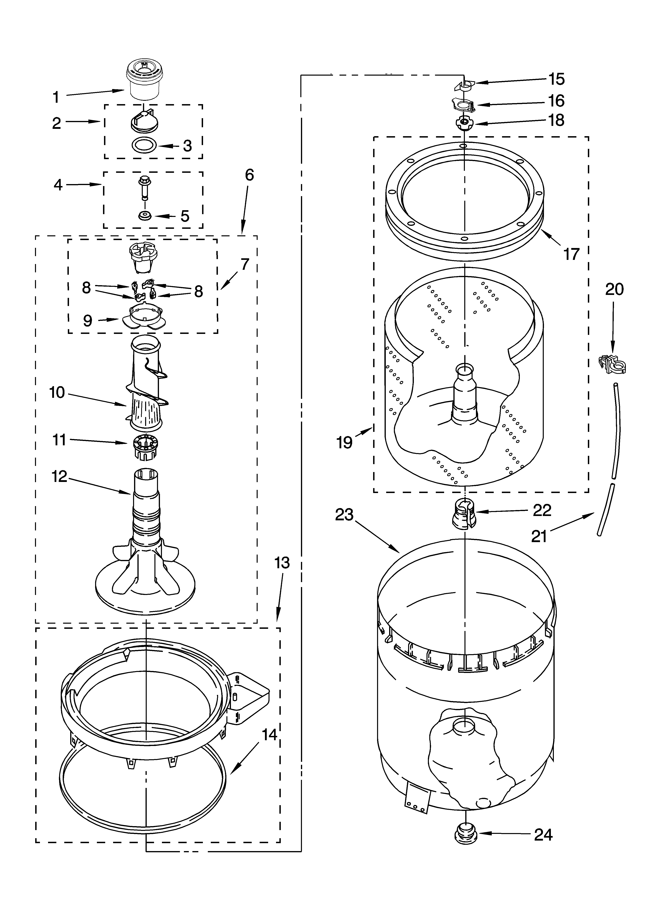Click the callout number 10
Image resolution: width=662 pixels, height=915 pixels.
[x=57, y=392]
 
